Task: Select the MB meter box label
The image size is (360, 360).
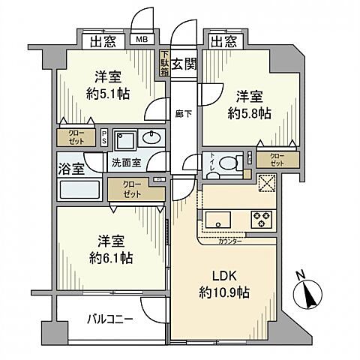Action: [x=140, y=40]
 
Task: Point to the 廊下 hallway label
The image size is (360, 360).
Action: [x=181, y=114]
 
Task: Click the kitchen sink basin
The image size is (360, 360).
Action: [x=218, y=220]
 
